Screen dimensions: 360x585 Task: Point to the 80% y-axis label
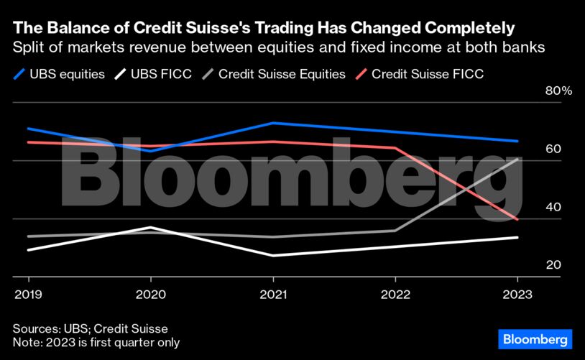pos(538,91)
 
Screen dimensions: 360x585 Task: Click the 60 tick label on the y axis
pos(533,149)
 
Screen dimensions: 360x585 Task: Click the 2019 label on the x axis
pos(28,295)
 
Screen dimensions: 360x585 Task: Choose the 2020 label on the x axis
pos(150,295)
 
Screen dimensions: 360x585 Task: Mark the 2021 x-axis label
pos(273,295)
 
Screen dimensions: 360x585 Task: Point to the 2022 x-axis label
pos(395,295)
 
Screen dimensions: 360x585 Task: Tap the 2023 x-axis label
pos(517,295)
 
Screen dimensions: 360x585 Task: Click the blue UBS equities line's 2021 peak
pos(273,123)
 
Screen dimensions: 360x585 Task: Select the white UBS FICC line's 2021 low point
pos(273,255)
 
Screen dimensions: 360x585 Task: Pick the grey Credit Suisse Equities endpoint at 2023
pos(517,159)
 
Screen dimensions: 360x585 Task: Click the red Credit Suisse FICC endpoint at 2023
pos(517,219)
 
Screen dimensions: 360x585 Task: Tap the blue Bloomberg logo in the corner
pos(535,338)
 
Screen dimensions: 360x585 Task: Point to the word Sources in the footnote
pos(37,328)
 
